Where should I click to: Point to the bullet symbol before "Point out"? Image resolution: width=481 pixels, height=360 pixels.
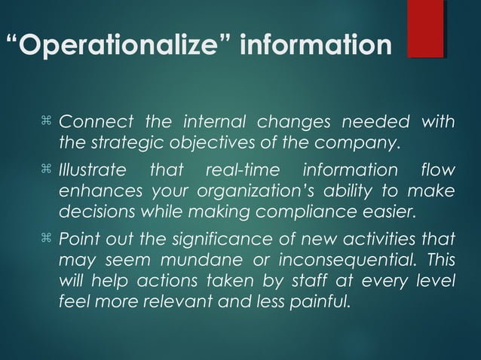coord(47,239)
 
